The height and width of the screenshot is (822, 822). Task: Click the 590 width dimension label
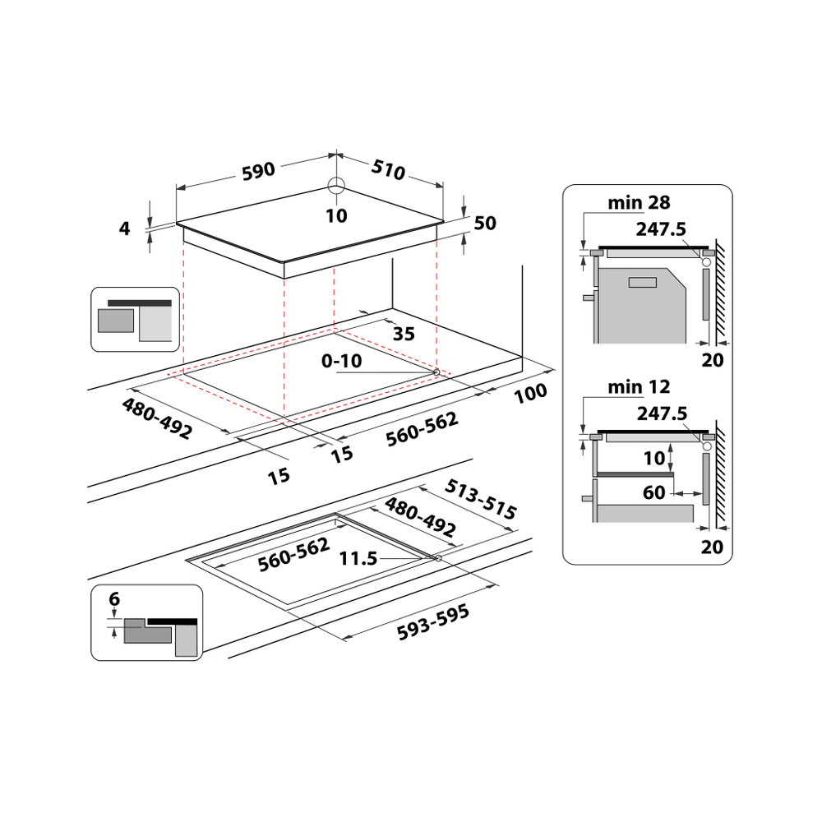point(257,171)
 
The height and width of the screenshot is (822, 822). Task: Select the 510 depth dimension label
point(388,170)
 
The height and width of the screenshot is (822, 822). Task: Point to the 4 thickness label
point(125,229)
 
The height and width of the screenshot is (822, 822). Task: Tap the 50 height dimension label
point(486,224)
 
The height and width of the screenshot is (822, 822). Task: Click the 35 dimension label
point(404,334)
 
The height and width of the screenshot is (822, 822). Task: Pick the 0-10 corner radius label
point(341,361)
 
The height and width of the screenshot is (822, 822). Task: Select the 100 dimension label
point(530,394)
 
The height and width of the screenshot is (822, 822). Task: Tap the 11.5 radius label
point(358,559)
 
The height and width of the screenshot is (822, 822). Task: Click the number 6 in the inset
point(113,600)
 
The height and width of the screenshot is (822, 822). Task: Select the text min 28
point(640,201)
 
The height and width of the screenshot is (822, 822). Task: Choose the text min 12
point(640,386)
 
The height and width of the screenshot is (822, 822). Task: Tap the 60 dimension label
point(654,493)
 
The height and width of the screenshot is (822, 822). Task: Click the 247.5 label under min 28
point(661,229)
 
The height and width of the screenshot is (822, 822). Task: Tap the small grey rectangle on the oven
point(641,283)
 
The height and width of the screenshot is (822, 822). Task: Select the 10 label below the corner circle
point(336,216)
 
